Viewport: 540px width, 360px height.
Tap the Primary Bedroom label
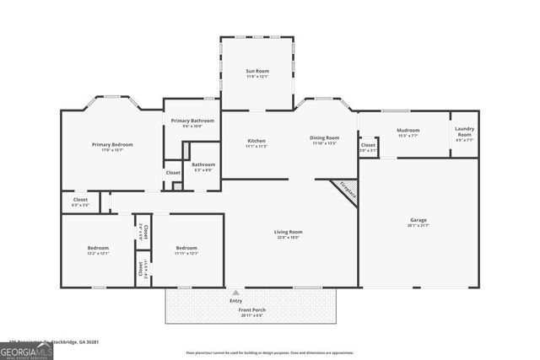coord(112,145)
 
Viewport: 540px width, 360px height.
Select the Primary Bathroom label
coord(192,121)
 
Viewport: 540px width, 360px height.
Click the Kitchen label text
coord(256,140)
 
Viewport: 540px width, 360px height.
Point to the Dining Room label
coord(325,137)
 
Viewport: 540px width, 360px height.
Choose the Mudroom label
coord(408,131)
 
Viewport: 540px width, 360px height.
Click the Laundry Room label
coord(464,132)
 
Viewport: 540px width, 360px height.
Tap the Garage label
coord(419,220)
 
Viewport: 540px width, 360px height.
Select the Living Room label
coord(288,232)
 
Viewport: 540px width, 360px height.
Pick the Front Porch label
coord(253,309)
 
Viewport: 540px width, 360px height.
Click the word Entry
coord(235,300)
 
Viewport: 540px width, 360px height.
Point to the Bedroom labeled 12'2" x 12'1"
coord(98,248)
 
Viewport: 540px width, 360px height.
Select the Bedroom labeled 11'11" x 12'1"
coord(186,248)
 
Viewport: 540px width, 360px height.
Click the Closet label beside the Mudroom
coord(368,145)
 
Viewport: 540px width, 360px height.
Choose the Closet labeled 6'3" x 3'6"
coord(80,200)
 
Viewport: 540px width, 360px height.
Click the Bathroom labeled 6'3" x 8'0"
coord(203,164)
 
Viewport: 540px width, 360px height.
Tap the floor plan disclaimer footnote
coord(270,353)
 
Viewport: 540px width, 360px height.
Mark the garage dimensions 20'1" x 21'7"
coord(419,225)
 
